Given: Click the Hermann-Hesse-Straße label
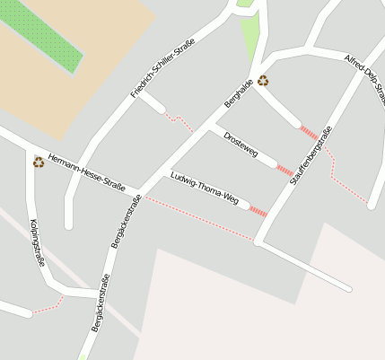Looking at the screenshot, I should pos(87,171).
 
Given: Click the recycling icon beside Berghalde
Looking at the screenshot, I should pos(263,81).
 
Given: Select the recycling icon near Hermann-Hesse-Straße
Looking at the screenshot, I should pos(39,162).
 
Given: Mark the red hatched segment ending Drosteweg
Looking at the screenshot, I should pos(284,170).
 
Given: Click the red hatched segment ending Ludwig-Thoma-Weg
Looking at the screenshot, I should pos(258,212).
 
